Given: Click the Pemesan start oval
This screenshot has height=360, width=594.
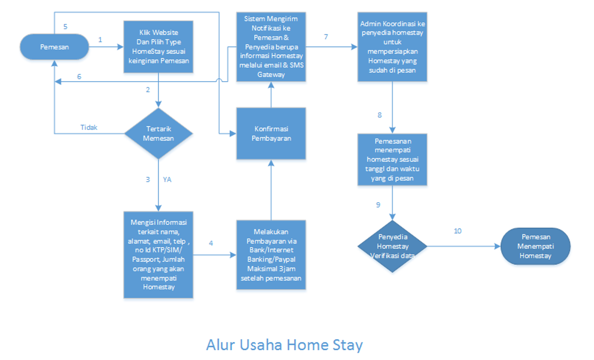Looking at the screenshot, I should coord(54,47).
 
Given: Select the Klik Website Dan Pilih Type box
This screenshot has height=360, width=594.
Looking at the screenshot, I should coord(159,46).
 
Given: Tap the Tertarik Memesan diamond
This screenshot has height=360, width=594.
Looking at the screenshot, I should coord(159,133).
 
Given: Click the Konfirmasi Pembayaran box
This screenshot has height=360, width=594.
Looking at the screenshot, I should coord(271,133).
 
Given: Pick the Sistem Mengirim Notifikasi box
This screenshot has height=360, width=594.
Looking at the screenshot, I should coord(271,46).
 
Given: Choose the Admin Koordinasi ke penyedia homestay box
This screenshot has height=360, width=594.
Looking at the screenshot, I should coord(392,46).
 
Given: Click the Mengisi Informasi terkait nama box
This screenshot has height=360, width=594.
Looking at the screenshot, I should coord(159,254).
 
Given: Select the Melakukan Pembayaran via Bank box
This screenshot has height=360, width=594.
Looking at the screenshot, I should coord(271,254).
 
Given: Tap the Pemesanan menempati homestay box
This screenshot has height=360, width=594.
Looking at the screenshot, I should coord(392,160).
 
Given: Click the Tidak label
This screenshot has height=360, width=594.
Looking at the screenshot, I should coord(89,127).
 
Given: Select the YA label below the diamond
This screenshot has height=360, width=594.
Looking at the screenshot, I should coord(167,179).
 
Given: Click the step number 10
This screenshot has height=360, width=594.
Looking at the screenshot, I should coord(457,231).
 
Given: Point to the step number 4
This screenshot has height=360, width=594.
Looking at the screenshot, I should coord(211,243).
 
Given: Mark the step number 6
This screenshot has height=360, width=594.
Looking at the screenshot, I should coord(79,76).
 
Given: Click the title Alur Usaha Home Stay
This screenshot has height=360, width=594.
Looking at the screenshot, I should coord(285,344).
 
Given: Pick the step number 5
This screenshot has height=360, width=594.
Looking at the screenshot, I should coord(65,25).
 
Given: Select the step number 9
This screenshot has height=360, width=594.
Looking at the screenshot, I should coord(378,205).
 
